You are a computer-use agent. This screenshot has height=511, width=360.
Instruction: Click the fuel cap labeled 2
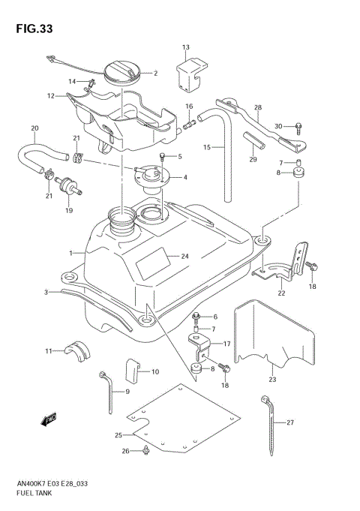click(120, 74)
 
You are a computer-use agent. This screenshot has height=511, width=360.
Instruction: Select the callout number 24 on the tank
click(184, 257)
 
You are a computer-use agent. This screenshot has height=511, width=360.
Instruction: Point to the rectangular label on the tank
click(153, 266)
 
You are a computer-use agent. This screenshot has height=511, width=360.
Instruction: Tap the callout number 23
click(272, 380)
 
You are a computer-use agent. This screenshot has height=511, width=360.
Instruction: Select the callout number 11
click(47, 350)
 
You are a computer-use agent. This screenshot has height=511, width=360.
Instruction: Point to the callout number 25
click(117, 434)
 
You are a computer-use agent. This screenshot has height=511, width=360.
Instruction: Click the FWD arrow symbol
click(50, 417)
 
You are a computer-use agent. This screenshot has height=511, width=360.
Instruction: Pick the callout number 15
click(206, 147)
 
